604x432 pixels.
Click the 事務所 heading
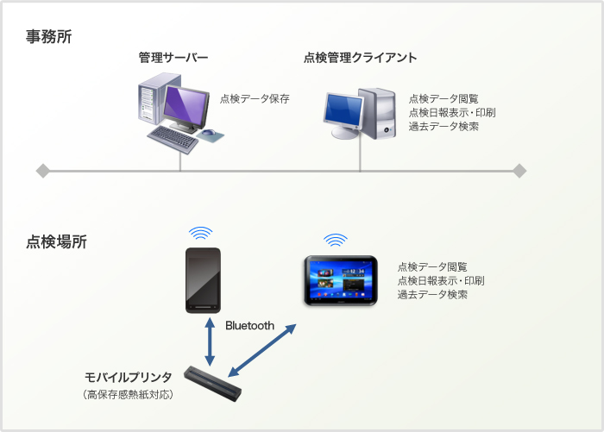[49, 36]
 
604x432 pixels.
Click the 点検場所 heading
[56, 241]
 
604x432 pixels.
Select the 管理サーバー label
[173, 58]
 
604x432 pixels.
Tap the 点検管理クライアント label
[360, 58]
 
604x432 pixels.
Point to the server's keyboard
[173, 140]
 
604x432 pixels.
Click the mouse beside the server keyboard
[209, 133]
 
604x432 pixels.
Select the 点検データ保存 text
[255, 99]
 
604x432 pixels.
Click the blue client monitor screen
[343, 110]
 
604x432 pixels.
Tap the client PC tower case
[377, 114]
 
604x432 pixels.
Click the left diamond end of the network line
[43, 171]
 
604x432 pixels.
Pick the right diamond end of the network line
[519, 171]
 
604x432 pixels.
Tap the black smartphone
[203, 280]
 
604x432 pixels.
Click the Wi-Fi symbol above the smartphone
[201, 234]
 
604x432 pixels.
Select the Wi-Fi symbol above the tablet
[336, 241]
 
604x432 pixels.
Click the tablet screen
[341, 280]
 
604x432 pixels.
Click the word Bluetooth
[249, 326]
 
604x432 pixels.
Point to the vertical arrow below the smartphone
[210, 341]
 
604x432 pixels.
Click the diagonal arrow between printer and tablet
[262, 350]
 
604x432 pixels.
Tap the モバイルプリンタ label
[128, 378]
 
